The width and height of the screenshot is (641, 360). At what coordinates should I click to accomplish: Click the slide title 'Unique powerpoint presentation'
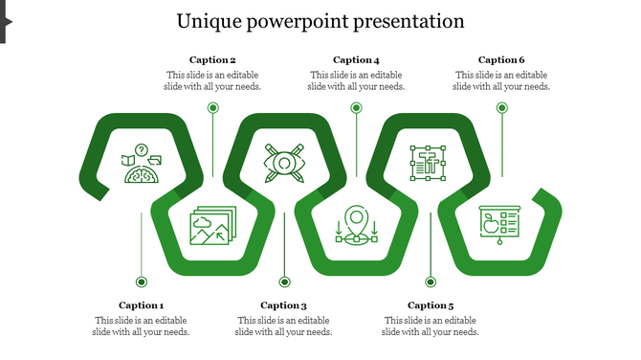point(320,21)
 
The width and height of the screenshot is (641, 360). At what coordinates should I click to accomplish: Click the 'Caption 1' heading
point(142,305)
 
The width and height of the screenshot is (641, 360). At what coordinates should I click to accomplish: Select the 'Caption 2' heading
point(212,59)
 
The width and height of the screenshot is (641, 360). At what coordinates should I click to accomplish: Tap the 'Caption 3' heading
point(283,305)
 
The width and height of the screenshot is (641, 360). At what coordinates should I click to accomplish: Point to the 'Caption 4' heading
point(356,59)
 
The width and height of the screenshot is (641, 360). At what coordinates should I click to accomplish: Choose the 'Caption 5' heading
point(431,305)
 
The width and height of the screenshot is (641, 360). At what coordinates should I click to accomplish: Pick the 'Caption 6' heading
point(501,59)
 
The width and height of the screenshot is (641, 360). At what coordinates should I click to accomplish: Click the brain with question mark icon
point(141,165)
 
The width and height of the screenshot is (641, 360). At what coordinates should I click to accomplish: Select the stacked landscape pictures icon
point(211,226)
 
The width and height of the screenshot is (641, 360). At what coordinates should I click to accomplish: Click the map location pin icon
point(357,226)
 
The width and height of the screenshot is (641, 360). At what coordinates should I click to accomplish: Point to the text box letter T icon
point(427,164)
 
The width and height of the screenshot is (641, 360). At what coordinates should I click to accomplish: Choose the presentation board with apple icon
point(498,226)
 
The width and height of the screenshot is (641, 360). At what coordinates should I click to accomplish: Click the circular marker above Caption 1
point(142,281)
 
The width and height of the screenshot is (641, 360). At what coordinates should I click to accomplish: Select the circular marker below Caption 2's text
point(212,108)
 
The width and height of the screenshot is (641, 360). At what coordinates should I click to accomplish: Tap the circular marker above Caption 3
point(284,281)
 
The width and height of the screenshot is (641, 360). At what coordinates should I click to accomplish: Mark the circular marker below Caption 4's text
point(356,108)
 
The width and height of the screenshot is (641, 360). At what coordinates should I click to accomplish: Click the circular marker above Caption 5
point(431,281)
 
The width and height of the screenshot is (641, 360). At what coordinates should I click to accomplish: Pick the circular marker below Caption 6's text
point(501,108)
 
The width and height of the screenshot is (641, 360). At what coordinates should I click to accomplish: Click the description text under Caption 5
point(431,326)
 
